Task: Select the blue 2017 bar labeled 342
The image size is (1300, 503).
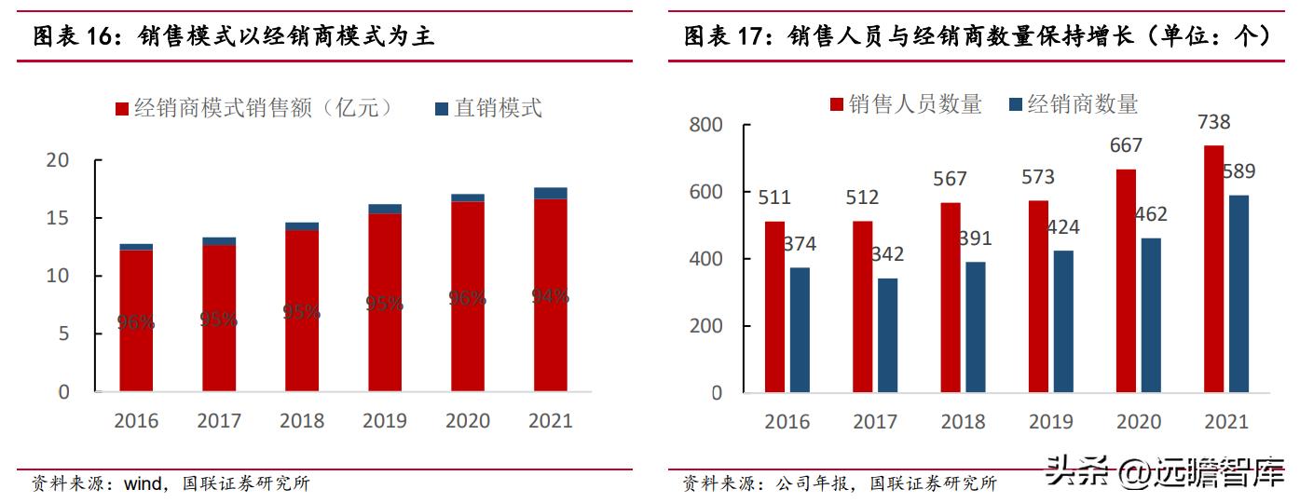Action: pyautogui.click(x=887, y=334)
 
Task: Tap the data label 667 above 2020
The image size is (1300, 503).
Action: pyautogui.click(x=1126, y=145)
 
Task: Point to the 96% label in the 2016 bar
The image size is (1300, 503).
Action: pyautogui.click(x=135, y=322)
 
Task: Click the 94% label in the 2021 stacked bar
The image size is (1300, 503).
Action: pyautogui.click(x=550, y=296)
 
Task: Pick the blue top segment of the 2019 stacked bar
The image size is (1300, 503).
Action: pyautogui.click(x=384, y=209)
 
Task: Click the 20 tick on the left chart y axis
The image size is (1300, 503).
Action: pyautogui.click(x=58, y=160)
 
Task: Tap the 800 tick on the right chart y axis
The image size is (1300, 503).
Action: pyautogui.click(x=705, y=125)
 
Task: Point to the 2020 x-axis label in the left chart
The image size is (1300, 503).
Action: pyautogui.click(x=467, y=421)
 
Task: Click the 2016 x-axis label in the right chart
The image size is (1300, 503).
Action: pyautogui.click(x=787, y=421)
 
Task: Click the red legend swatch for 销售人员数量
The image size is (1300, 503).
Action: pyautogui.click(x=836, y=104)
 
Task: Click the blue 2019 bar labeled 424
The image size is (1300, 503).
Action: pyautogui.click(x=1062, y=320)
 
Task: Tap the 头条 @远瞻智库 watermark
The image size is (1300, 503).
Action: pyautogui.click(x=1165, y=472)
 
